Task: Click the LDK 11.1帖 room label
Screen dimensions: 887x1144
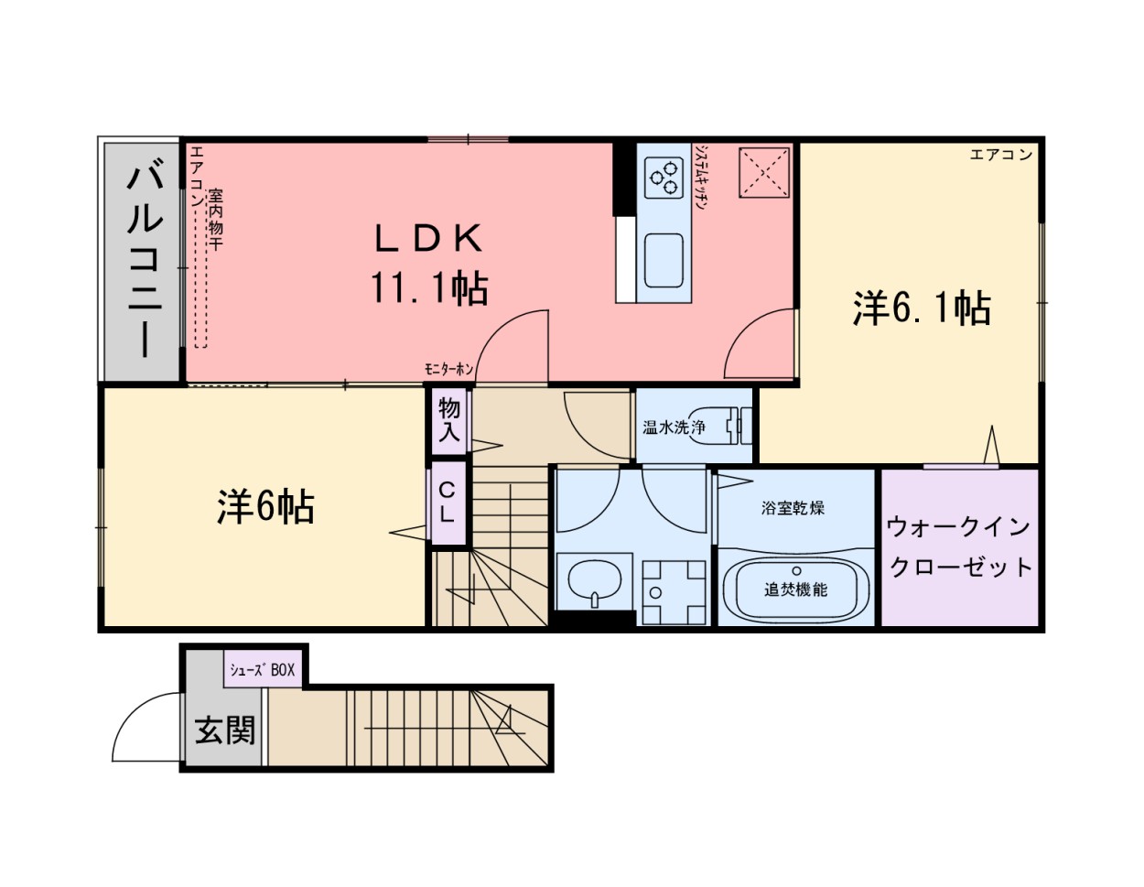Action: [428, 265]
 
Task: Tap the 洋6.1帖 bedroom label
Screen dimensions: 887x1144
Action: [922, 308]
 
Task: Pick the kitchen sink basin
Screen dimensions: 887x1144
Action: [664, 259]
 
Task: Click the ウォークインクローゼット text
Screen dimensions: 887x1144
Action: [960, 546]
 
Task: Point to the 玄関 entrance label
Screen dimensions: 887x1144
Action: [225, 730]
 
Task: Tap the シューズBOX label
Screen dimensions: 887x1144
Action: [263, 670]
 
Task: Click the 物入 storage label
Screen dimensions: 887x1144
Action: [449, 420]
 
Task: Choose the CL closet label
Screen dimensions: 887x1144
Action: [447, 503]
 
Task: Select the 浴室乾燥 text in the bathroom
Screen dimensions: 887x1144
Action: [793, 508]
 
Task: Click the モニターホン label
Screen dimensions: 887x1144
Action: [448, 369]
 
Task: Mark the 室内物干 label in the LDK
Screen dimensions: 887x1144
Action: [215, 221]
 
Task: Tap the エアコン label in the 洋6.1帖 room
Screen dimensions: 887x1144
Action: [1000, 155]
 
